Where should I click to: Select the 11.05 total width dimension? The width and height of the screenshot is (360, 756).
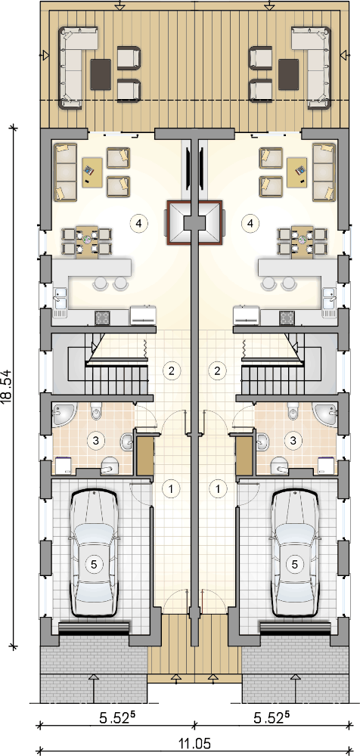pyautogui.click(x=195, y=744)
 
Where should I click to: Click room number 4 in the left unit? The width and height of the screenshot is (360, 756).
pyautogui.click(x=138, y=223)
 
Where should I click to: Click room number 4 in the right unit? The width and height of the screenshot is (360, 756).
pyautogui.click(x=250, y=223)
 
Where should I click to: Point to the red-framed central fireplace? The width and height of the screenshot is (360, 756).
pyautogui.click(x=194, y=222)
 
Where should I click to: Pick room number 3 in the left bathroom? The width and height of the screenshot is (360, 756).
pyautogui.click(x=95, y=440)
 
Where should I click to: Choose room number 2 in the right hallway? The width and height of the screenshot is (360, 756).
pyautogui.click(x=218, y=370)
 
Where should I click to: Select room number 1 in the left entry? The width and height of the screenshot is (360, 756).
pyautogui.click(x=170, y=488)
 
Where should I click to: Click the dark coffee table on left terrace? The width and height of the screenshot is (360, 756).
pyautogui.click(x=101, y=74)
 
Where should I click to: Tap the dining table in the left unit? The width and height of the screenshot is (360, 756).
pyautogui.click(x=87, y=240)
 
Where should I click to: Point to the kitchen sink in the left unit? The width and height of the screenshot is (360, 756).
pyautogui.click(x=61, y=302)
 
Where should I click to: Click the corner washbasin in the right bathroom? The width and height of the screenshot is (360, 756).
pyautogui.click(x=327, y=414)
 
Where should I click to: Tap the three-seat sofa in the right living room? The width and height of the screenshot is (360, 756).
pyautogui.click(x=324, y=172)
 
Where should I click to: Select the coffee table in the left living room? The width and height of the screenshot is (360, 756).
pyautogui.click(x=92, y=172)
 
